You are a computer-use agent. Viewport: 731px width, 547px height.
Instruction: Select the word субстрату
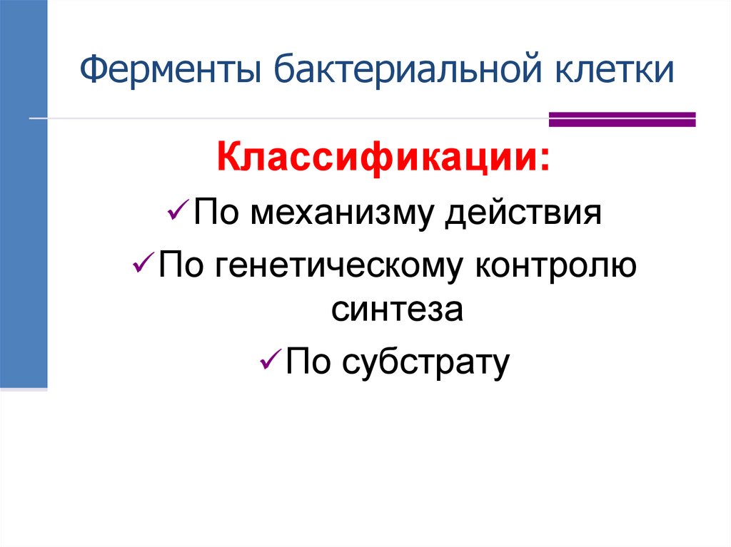point(426,363)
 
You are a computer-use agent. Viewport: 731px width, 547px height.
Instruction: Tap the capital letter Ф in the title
point(91,73)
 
